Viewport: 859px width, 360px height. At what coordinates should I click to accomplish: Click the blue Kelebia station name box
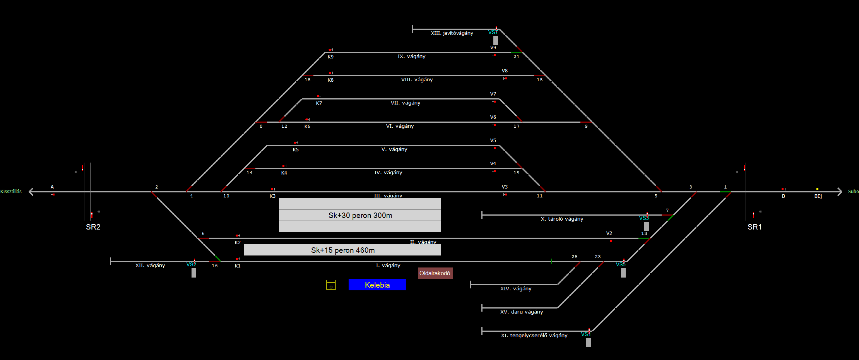(377, 285)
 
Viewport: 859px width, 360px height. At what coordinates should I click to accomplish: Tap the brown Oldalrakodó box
(435, 273)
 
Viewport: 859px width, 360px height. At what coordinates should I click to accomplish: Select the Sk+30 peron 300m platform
(360, 215)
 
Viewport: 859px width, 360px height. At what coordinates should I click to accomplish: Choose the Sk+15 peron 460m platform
(342, 250)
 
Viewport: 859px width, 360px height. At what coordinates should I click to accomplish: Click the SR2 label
(93, 227)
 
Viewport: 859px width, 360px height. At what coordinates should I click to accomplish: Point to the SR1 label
(755, 227)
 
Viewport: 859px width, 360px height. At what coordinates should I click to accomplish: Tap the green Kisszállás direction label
(11, 192)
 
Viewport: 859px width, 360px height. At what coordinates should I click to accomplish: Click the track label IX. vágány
(411, 57)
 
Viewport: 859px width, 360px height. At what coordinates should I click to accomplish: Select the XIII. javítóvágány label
(452, 33)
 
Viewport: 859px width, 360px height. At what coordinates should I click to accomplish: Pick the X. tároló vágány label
(562, 219)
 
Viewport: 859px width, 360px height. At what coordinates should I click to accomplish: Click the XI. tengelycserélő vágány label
(534, 336)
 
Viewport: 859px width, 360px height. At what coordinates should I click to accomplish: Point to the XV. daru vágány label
(522, 312)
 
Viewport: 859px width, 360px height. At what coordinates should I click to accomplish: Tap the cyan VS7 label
(493, 33)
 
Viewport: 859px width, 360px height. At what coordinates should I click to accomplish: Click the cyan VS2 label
(191, 265)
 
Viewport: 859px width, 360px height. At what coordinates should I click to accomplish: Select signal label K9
(330, 57)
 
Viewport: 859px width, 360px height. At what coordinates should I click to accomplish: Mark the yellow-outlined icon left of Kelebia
(331, 285)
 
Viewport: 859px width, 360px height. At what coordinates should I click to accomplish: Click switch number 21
(517, 57)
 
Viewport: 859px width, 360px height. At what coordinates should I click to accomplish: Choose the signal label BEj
(818, 196)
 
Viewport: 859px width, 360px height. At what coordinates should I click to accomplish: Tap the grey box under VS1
(588, 343)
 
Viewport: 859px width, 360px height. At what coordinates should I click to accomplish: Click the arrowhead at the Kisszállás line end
(31, 192)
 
